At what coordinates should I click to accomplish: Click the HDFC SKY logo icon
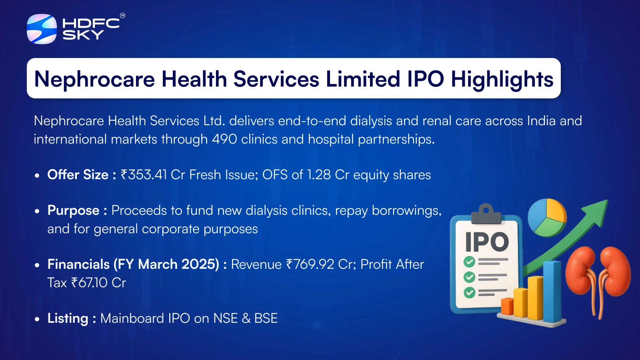click(42, 29)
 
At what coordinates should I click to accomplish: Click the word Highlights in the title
click(502, 79)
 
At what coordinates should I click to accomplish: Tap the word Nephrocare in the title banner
click(94, 79)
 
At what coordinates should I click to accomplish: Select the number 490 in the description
click(224, 139)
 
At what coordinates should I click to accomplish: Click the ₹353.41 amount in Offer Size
click(144, 174)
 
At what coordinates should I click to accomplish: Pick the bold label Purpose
click(74, 210)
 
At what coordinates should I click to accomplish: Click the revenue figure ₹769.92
click(310, 264)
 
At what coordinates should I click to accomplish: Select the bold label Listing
click(68, 318)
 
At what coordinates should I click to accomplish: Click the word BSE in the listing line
click(266, 318)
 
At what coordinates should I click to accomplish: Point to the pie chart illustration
click(547, 218)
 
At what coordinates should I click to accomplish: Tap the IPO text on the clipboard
click(487, 242)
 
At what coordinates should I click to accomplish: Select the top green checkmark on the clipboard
click(469, 262)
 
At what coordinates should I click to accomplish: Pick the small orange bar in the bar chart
click(508, 306)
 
